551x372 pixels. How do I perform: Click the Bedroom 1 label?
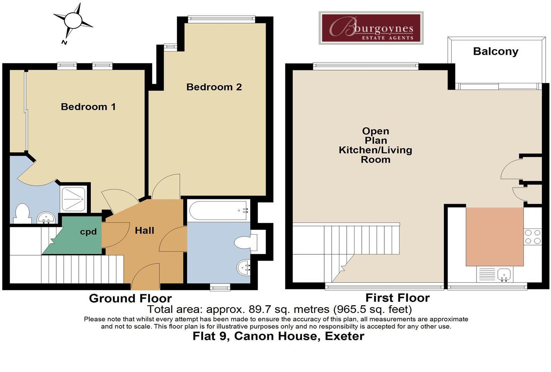[88, 107]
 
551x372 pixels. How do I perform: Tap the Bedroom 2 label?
[214, 87]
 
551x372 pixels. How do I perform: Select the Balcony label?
[496, 52]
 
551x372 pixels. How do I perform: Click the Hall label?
[144, 230]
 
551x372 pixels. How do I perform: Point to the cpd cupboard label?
[88, 232]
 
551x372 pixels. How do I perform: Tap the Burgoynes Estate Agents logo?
[371, 28]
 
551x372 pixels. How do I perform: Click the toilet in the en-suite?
[22, 214]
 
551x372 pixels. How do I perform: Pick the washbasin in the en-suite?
[47, 218]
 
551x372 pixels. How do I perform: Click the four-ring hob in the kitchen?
[532, 237]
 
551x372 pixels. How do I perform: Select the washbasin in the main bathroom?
[244, 268]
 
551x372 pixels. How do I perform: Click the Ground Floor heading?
[130, 298]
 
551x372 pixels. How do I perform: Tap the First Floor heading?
[397, 298]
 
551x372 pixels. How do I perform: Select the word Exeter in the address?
[344, 336]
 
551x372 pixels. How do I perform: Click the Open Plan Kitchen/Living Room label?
[375, 145]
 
